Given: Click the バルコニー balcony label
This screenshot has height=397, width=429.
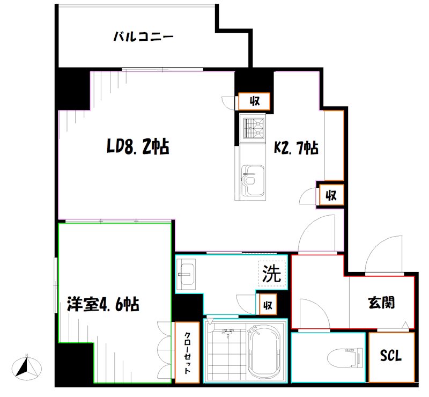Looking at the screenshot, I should click(x=143, y=37).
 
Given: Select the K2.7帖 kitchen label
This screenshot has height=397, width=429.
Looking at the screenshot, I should click(x=297, y=148).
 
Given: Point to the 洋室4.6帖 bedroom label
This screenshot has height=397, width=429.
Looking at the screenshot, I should click(x=103, y=305).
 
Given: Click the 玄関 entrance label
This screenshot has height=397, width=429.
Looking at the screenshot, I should click(x=381, y=302).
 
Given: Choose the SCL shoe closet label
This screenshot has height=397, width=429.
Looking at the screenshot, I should click(x=391, y=356).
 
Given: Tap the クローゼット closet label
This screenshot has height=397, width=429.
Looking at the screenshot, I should click(x=187, y=351).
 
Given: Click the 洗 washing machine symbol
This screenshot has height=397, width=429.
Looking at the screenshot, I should click(x=271, y=274).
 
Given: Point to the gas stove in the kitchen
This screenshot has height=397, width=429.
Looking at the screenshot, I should click(x=254, y=128).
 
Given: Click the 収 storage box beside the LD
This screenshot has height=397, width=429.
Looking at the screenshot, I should click(x=253, y=101).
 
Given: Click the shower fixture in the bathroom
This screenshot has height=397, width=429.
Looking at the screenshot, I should click(x=226, y=332).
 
